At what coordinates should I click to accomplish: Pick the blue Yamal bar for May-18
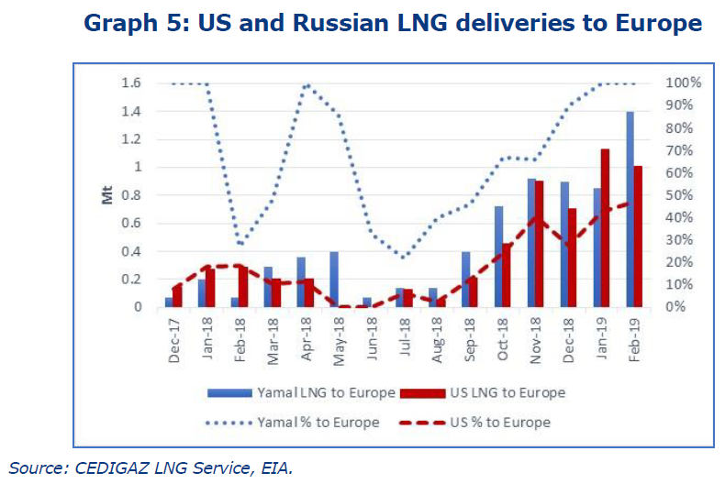coord(334,279)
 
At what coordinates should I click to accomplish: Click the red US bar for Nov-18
coord(539,244)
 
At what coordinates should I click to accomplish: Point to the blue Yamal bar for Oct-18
coord(498,257)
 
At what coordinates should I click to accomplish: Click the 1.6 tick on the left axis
coord(130,83)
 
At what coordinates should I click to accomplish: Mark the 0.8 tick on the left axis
coord(130,195)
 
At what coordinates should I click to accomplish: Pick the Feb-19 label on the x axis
coord(635,342)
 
